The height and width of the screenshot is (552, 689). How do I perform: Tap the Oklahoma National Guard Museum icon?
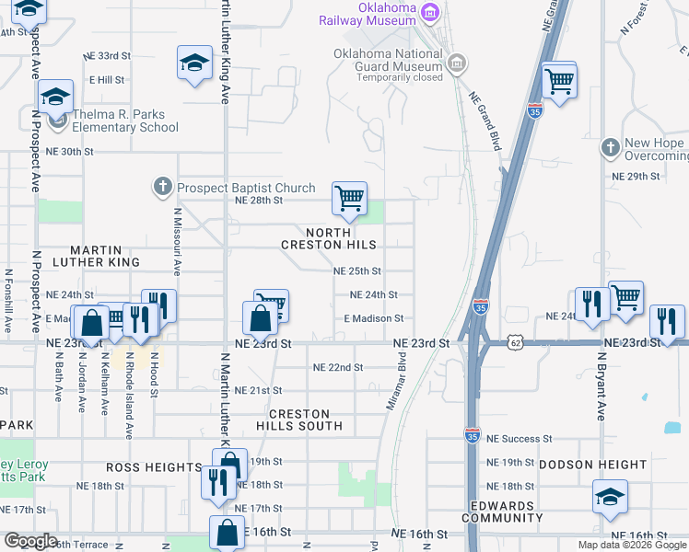[458, 63]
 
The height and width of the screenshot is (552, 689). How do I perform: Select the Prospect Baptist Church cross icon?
[162, 188]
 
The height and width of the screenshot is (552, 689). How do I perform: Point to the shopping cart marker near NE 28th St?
[349, 199]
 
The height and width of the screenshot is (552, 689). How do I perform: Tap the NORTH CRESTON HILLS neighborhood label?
[329, 239]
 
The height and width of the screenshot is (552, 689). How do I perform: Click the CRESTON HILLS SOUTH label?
[293, 420]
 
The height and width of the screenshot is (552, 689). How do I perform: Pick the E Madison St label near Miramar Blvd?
[373, 318]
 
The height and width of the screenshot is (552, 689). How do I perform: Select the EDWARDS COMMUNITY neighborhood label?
[503, 512]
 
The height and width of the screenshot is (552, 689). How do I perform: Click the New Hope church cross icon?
[610, 148]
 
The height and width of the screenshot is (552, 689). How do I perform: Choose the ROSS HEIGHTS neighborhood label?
[154, 467]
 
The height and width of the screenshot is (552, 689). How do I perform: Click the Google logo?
[30, 541]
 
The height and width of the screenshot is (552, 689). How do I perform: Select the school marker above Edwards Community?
[610, 497]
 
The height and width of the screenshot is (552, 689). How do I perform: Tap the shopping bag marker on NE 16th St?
[227, 532]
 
